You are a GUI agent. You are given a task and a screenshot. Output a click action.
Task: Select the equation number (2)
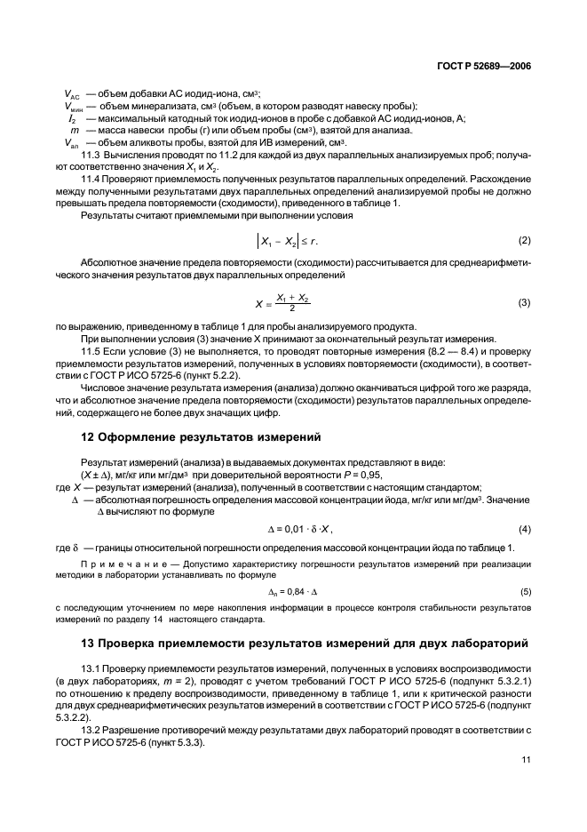(525, 242)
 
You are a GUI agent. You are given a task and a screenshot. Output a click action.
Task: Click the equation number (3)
(525, 303)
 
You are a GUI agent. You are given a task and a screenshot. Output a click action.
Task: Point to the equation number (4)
(525, 531)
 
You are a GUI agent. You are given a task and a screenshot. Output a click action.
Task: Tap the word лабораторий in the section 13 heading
(480, 643)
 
